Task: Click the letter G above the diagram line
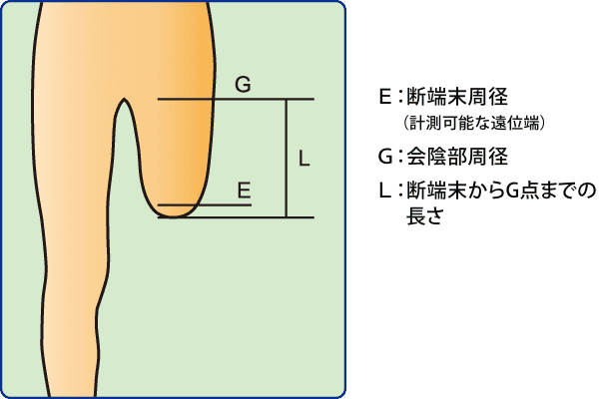point(243,86)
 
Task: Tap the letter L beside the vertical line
point(304,159)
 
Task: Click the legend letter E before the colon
point(383,98)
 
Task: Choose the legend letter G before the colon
point(384,157)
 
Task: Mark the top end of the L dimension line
point(287,101)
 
